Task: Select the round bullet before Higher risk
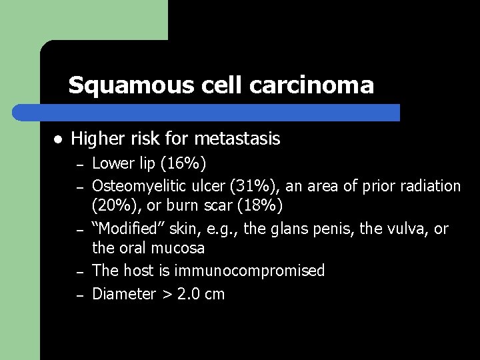(x=58, y=140)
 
